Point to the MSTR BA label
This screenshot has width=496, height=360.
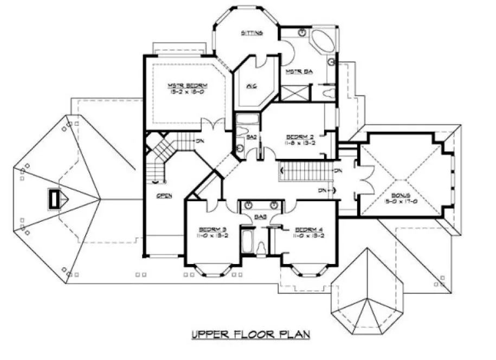click(294, 71)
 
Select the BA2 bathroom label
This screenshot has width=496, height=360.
click(252, 138)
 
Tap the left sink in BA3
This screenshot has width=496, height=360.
click(248, 205)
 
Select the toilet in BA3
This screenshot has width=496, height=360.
click(261, 248)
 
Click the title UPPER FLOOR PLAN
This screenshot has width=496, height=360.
click(250, 335)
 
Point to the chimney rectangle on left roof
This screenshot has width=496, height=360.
click(55, 198)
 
